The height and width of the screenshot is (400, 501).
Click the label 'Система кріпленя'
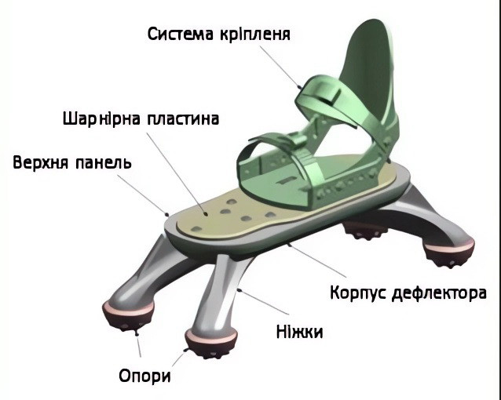(x=219, y=35)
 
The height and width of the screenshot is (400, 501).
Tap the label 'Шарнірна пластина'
(x=140, y=119)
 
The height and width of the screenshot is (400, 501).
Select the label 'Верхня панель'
(x=72, y=163)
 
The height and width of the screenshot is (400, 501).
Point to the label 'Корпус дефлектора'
(x=408, y=293)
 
